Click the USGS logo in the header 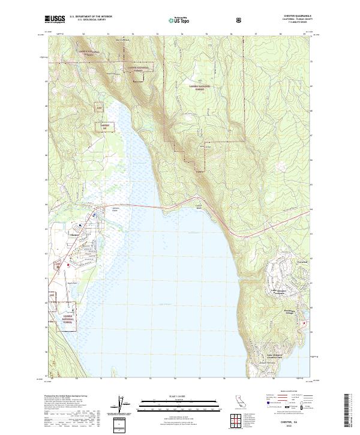(54, 19)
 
